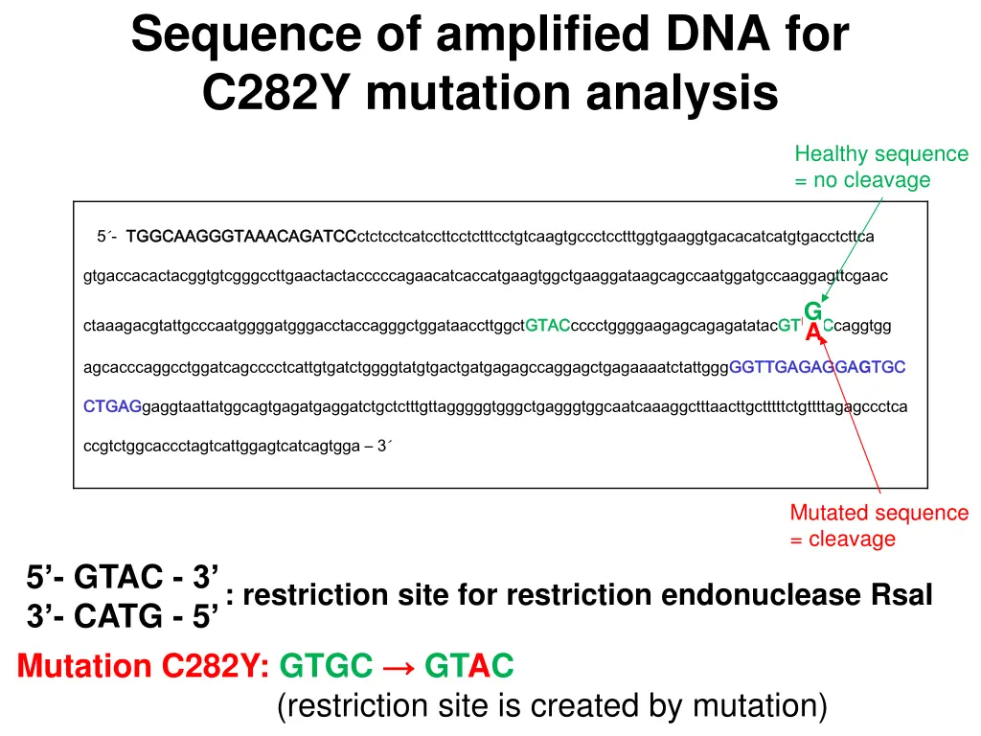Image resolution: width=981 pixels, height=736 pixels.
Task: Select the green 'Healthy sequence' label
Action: (881, 154)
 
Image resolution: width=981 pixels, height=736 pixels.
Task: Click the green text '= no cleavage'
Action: (862, 180)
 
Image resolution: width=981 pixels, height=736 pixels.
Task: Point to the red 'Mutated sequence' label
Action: (878, 513)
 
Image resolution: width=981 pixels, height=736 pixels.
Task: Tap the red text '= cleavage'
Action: (843, 539)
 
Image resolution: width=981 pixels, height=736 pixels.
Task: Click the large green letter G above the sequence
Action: (812, 311)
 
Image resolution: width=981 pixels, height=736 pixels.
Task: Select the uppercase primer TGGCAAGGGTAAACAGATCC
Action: (240, 236)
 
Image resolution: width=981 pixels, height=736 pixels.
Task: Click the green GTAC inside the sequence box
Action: (548, 326)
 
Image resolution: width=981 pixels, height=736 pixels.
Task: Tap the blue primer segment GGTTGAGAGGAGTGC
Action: (817, 367)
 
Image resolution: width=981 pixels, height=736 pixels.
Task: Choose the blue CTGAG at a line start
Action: (112, 406)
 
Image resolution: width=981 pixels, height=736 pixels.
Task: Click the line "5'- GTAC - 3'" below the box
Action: (123, 578)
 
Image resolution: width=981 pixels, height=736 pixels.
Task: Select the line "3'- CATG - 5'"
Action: (123, 615)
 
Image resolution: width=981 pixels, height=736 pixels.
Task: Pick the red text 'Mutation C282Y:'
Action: (144, 664)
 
